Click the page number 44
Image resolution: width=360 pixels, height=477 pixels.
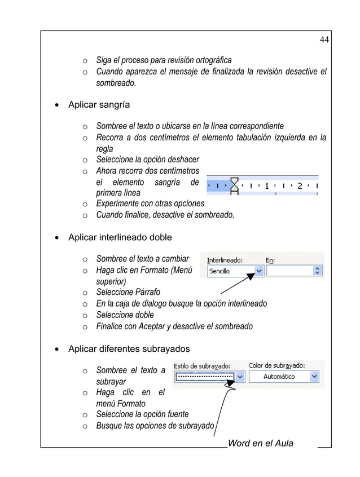pos(324,39)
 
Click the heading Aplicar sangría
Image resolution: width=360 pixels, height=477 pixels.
pos(99,105)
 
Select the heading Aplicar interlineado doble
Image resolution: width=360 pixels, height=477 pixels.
pos(120,237)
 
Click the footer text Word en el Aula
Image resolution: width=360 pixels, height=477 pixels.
pos(260,443)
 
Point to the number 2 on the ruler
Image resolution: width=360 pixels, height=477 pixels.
pos(300,185)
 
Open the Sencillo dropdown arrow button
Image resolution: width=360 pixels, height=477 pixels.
pos(258,271)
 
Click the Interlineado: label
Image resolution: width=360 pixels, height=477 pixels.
pos(225,260)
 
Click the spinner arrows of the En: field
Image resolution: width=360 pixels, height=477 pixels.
pos(318,271)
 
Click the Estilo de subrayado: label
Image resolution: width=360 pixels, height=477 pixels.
pos(202,365)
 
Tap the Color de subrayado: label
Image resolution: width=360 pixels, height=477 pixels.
pos(277,365)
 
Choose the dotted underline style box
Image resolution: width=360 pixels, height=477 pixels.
pos(205,376)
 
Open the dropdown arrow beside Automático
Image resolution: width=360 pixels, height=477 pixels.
pos(314,376)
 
